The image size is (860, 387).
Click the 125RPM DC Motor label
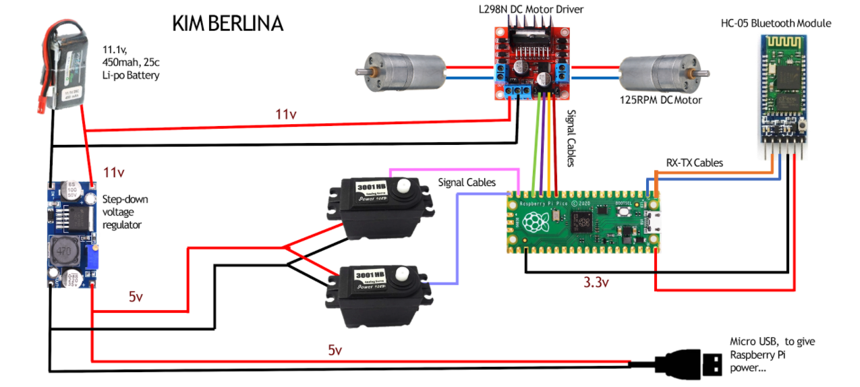[661, 100]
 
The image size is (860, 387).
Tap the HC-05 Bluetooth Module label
[776, 24]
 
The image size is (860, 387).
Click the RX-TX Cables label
[694, 162]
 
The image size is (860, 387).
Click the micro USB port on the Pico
[652, 220]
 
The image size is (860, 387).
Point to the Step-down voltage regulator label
[125, 212]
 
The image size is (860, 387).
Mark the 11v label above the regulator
[113, 173]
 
